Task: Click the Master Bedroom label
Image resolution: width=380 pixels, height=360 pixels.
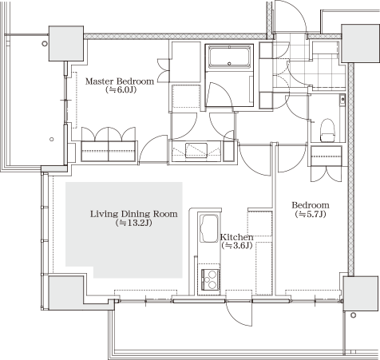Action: (120, 81)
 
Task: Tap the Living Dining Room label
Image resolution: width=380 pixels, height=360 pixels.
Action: (133, 214)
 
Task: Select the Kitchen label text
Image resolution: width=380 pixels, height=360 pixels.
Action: (237, 237)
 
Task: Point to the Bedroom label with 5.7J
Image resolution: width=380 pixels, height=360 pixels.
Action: (311, 205)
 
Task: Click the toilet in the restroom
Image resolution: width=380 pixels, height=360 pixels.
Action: (327, 130)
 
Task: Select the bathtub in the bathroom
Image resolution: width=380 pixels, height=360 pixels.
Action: (230, 57)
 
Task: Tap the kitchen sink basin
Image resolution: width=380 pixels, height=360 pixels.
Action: (209, 228)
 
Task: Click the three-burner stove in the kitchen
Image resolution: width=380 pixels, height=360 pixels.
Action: (211, 279)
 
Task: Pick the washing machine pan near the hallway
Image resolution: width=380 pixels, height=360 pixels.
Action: (196, 150)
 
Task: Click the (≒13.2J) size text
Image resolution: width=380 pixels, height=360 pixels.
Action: (134, 223)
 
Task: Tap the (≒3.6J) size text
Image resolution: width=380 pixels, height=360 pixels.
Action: (236, 246)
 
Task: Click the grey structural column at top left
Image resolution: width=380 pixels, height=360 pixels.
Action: (66, 43)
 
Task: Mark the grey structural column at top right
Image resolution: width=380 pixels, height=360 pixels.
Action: (360, 43)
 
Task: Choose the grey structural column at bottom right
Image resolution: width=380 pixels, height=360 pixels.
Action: (361, 293)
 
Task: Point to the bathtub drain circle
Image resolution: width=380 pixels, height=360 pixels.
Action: (230, 64)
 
